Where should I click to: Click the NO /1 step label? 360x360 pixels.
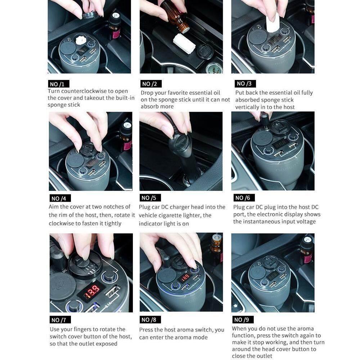[59, 84]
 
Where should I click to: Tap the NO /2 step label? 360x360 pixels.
[151, 84]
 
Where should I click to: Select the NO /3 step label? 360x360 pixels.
[245, 84]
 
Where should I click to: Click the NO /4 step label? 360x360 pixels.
[60, 198]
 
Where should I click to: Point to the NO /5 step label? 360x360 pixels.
[150, 198]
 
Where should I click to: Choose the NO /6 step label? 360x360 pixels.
[244, 198]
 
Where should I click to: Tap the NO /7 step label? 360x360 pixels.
[60, 320]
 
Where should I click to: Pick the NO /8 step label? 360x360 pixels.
[150, 319]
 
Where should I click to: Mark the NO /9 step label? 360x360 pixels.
[243, 319]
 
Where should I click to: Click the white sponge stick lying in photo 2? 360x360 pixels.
[184, 44]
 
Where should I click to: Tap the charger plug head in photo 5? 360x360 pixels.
[181, 144]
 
